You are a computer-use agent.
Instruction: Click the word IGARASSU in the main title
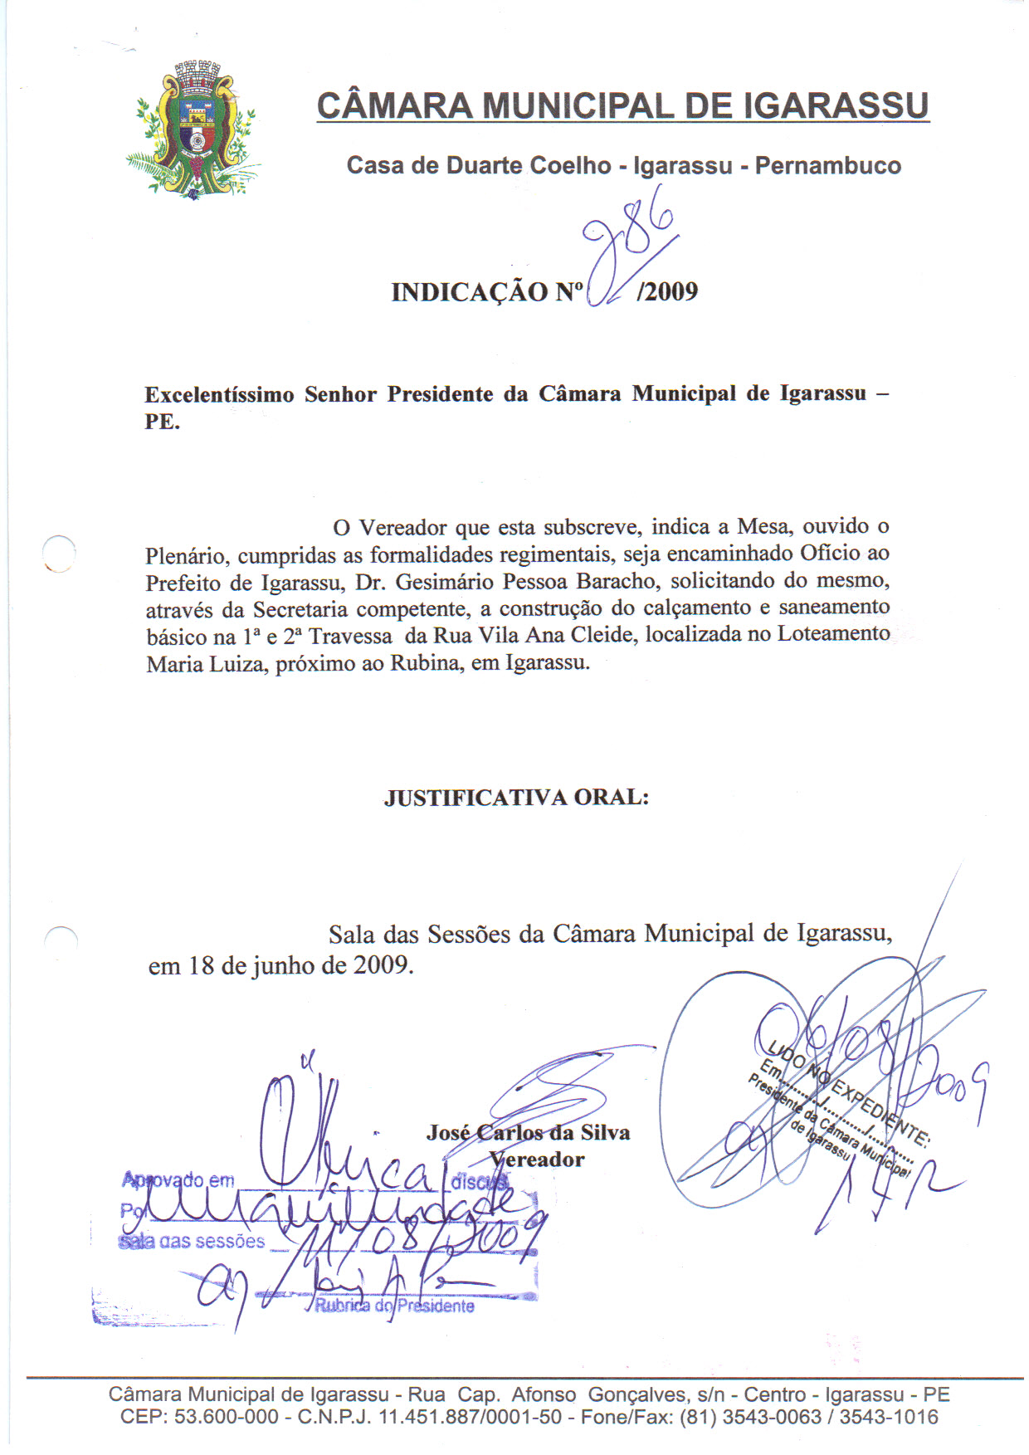click(836, 106)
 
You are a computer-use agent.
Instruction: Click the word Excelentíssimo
click(219, 395)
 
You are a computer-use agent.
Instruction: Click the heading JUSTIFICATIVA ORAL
click(516, 798)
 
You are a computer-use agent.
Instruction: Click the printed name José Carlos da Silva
click(529, 1133)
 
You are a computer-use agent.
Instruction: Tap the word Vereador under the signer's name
click(537, 1160)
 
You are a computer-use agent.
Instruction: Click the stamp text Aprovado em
click(178, 1180)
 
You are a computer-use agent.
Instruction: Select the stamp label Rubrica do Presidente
click(394, 1306)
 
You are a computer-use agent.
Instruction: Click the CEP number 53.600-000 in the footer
click(227, 1417)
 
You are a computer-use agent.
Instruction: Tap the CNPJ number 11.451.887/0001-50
click(470, 1417)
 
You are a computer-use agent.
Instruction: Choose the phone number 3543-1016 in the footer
click(889, 1417)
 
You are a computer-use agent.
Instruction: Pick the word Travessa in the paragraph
click(350, 637)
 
